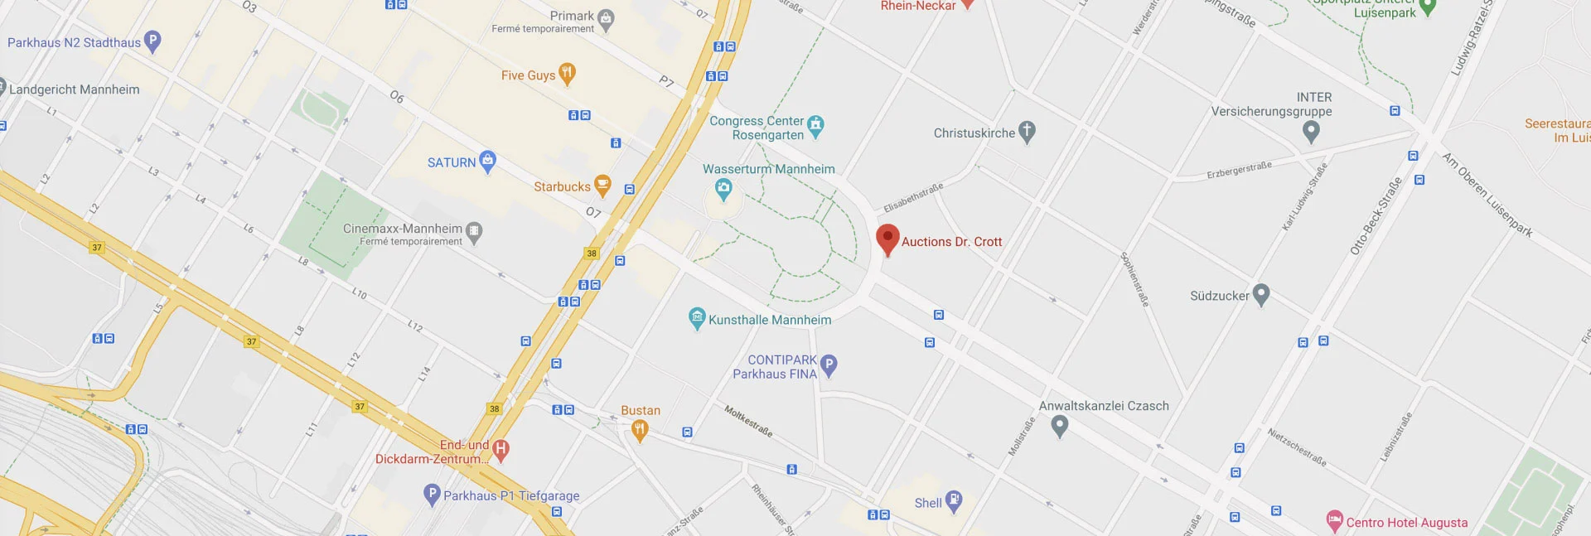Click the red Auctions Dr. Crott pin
(x=887, y=239)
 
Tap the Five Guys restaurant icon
(x=567, y=74)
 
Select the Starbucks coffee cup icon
(x=602, y=186)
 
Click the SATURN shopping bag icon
(x=487, y=161)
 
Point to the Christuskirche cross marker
(x=1027, y=131)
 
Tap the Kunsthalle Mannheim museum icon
(x=697, y=318)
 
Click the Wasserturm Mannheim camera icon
(x=723, y=189)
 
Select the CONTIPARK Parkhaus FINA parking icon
(x=828, y=365)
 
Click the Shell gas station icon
(x=954, y=500)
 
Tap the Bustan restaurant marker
(x=639, y=429)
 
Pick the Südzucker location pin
(x=1260, y=293)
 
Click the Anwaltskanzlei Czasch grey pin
(x=1059, y=426)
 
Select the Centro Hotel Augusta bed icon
(x=1334, y=521)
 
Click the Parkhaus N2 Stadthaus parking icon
(x=152, y=41)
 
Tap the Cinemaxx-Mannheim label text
(x=403, y=229)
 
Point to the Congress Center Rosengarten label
(x=757, y=128)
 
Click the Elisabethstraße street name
(x=912, y=197)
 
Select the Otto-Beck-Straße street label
(x=1376, y=215)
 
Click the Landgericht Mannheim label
(x=75, y=89)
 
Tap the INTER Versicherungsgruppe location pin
(x=1310, y=131)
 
